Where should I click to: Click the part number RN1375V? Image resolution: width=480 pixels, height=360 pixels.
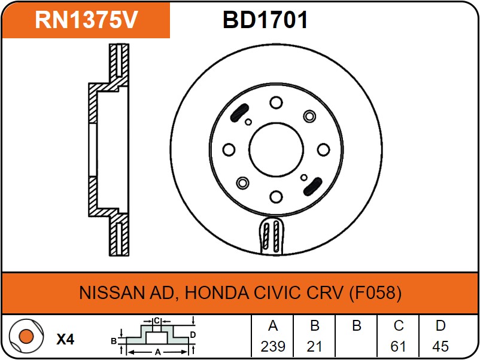[x=86, y=20]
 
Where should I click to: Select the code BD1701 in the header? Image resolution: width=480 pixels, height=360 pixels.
[x=265, y=20]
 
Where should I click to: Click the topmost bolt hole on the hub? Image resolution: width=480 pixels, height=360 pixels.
[x=275, y=103]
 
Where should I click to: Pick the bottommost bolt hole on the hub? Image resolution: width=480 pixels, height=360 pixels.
[x=275, y=196]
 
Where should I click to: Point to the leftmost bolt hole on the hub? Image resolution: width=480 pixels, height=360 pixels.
[x=228, y=150]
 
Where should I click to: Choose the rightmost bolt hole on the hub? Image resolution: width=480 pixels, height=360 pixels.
[x=323, y=150]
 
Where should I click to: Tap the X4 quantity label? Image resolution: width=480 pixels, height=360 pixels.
[x=65, y=340]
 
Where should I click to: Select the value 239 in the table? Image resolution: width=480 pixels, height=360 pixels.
[x=273, y=346]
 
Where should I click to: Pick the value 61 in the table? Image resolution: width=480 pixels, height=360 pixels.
[x=399, y=346]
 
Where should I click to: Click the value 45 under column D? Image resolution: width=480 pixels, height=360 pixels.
[x=440, y=346]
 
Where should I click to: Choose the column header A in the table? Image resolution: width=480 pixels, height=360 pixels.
[x=273, y=326]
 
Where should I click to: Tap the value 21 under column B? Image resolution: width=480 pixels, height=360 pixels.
[x=315, y=346]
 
